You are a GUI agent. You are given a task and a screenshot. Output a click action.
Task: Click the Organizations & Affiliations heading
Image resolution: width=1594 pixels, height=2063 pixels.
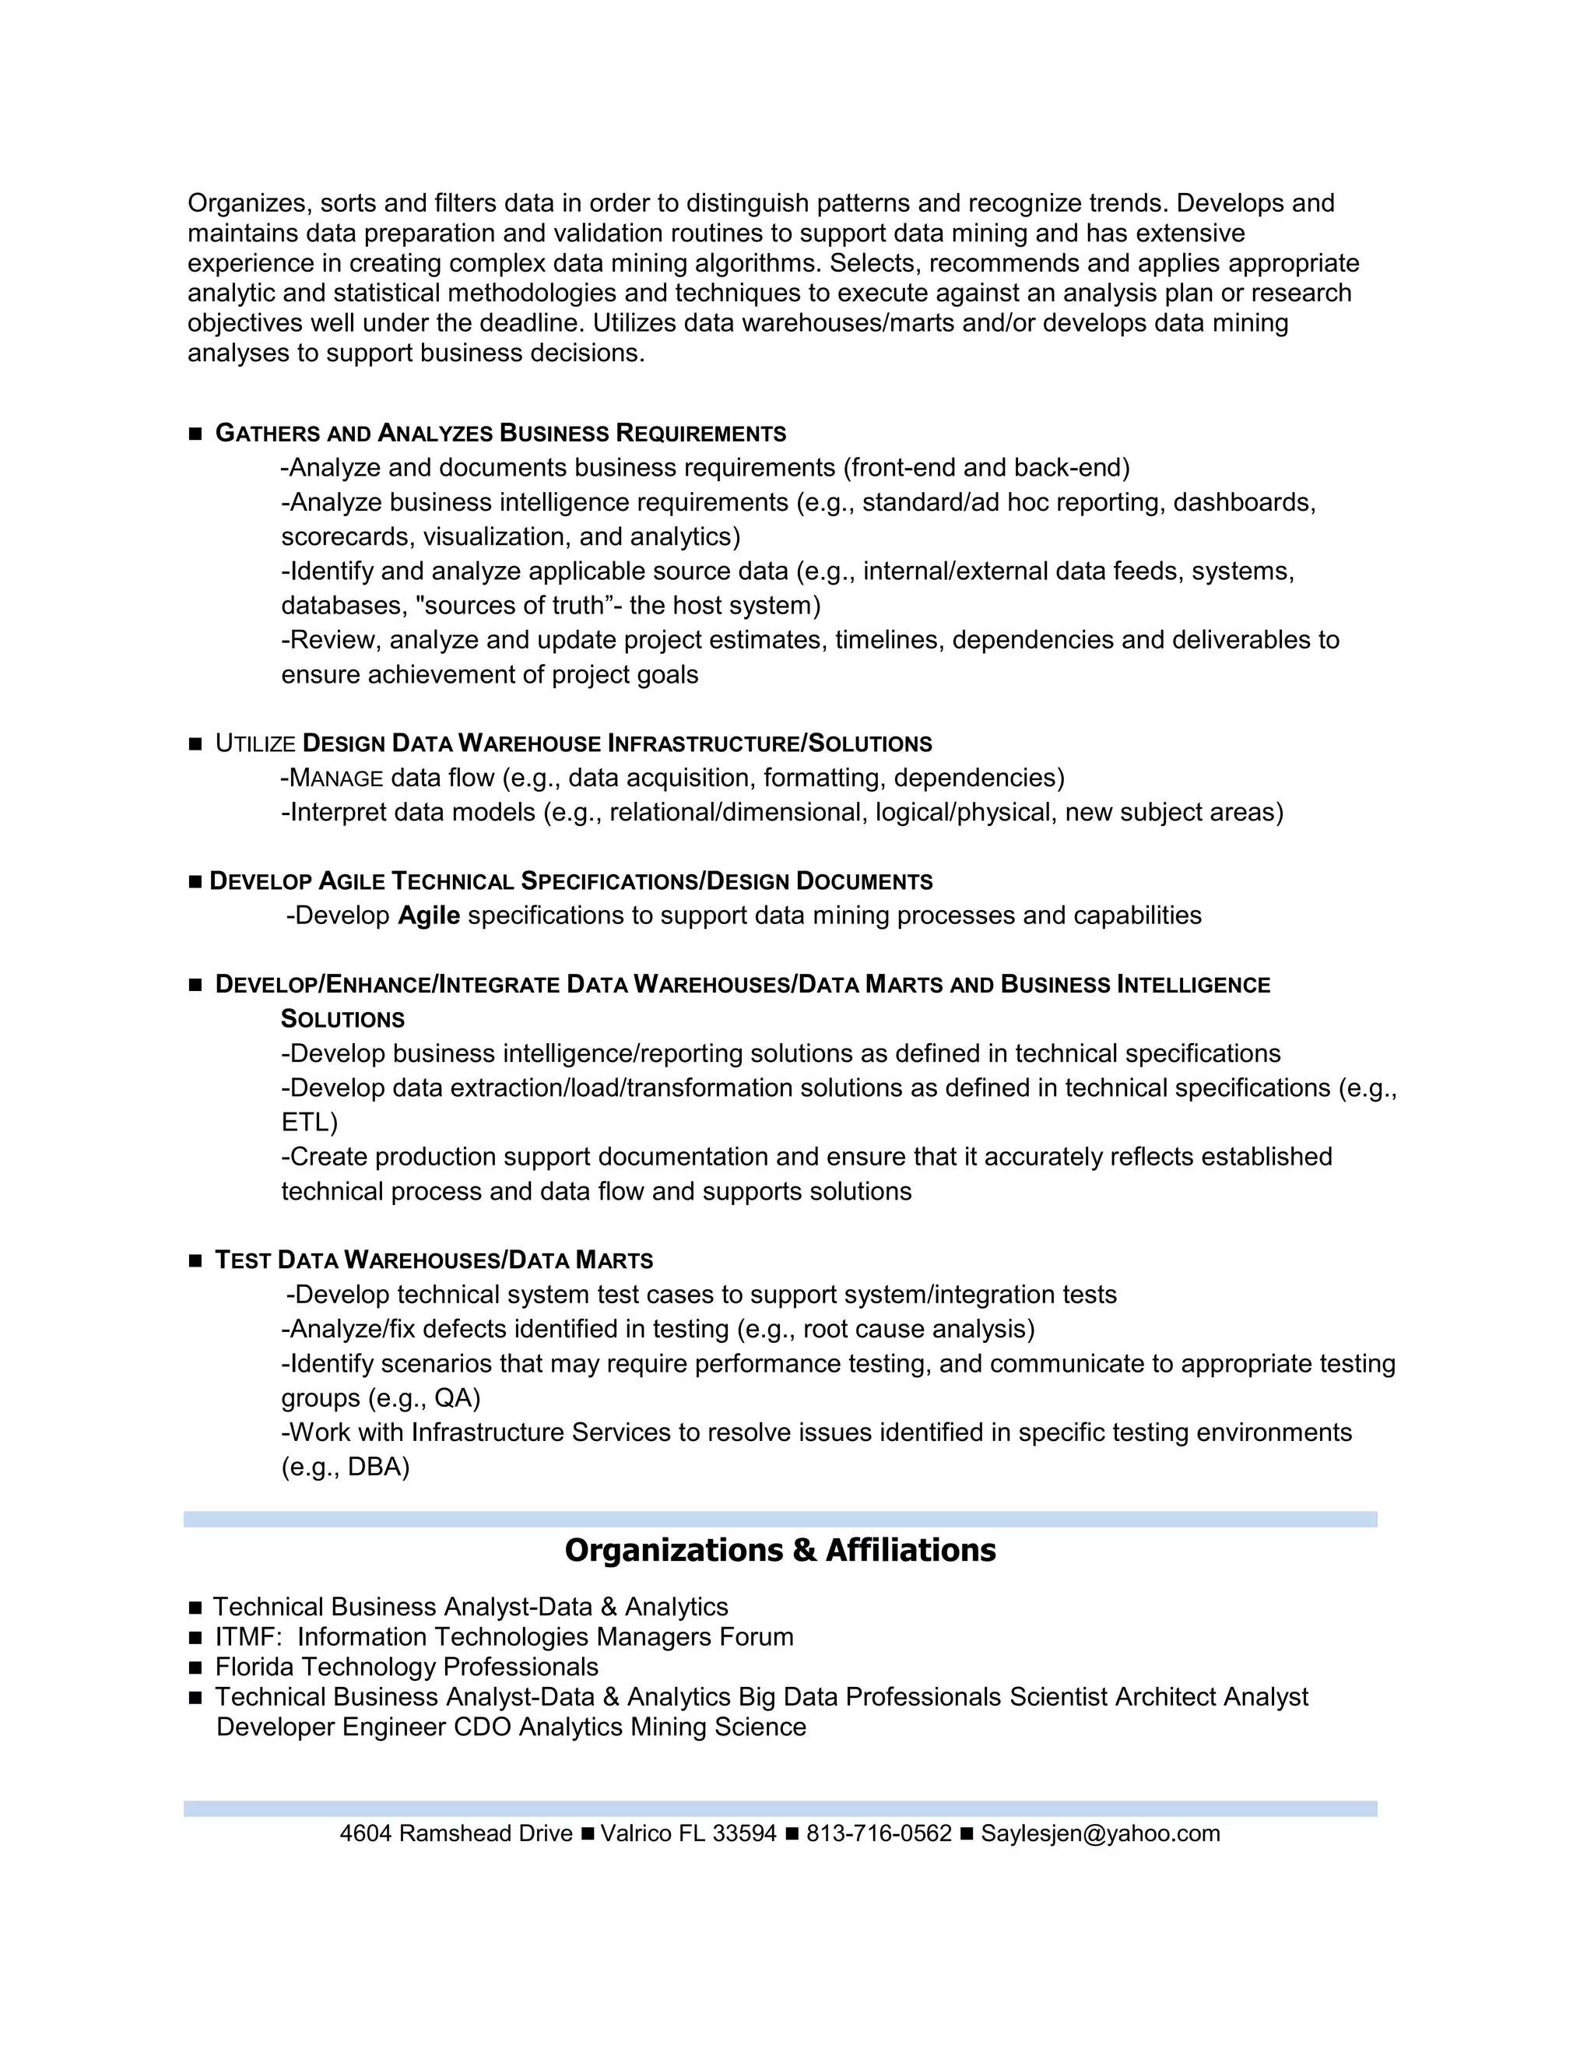click(x=780, y=1550)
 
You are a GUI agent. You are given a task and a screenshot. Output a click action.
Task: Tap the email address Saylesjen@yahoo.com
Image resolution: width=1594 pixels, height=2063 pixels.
click(x=1100, y=1833)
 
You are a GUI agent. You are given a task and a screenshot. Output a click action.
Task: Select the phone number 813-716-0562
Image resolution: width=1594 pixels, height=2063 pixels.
click(x=878, y=1833)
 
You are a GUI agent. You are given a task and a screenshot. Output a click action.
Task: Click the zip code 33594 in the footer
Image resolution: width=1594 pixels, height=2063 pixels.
click(x=744, y=1833)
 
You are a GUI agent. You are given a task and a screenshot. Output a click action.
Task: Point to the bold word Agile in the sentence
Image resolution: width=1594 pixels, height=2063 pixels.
click(x=429, y=916)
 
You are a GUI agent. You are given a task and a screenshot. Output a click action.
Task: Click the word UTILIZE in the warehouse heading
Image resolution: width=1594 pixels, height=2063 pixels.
click(x=255, y=744)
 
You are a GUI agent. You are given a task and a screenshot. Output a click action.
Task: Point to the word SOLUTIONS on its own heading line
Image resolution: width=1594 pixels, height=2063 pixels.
click(x=342, y=1019)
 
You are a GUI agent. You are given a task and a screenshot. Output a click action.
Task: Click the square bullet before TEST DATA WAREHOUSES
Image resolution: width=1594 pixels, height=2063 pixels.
click(x=195, y=1261)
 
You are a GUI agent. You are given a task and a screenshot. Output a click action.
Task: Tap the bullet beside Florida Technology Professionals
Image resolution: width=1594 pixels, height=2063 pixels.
click(x=195, y=1668)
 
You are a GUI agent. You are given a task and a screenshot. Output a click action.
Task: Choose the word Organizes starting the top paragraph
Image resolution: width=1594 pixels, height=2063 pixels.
click(x=249, y=203)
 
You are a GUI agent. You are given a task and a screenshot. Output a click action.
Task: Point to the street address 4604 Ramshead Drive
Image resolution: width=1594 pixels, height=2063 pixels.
click(x=456, y=1833)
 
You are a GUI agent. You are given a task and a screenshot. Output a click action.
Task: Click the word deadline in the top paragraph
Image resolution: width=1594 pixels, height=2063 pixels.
click(x=533, y=323)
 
